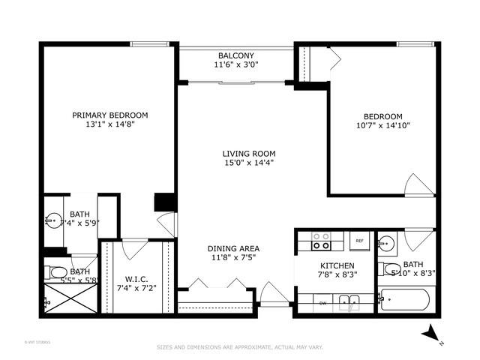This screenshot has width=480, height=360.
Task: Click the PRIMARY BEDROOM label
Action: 109,115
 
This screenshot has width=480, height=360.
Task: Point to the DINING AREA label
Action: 233,248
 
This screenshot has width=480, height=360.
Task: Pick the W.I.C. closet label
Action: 136,279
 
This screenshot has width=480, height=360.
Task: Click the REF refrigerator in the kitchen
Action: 359,241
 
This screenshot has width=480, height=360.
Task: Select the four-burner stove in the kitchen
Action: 322,241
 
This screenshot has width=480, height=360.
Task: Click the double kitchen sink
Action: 348,302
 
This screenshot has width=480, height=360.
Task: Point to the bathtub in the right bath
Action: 404,301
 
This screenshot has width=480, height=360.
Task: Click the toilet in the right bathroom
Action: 389,269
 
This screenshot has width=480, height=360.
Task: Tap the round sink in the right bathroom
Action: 386,243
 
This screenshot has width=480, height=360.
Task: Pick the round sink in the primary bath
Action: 52,220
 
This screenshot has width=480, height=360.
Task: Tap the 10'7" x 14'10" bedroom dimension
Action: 383,125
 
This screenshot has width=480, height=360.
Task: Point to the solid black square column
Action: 164,202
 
